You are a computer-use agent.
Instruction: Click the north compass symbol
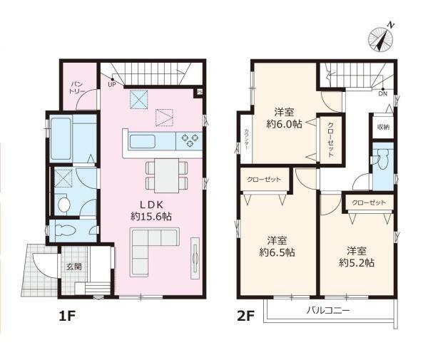pyautogui.click(x=380, y=39)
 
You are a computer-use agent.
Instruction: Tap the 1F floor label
pyautogui.click(x=67, y=316)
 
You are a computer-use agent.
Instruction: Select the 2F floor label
pyautogui.click(x=246, y=316)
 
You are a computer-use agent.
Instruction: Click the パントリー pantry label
pyautogui.click(x=77, y=87)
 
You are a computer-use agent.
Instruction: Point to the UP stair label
pyautogui.click(x=112, y=85)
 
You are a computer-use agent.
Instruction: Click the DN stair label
pyautogui.click(x=382, y=94)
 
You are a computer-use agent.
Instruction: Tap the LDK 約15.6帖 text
pyautogui.click(x=151, y=210)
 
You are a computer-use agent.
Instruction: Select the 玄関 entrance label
pyautogui.click(x=74, y=267)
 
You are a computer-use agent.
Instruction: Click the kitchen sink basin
pyautogui.click(x=143, y=142)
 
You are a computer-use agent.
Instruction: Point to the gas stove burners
pyautogui.click(x=188, y=140)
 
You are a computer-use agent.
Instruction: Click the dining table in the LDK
pyautogui.click(x=166, y=175)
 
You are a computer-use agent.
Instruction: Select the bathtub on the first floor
pyautogui.click(x=61, y=139)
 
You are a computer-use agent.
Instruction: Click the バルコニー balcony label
pyautogui.click(x=327, y=310)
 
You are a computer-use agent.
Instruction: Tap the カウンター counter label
pyautogui.click(x=246, y=139)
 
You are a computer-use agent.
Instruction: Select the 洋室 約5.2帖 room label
pyautogui.click(x=357, y=257)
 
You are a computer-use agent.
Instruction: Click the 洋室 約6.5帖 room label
pyautogui.click(x=277, y=247)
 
